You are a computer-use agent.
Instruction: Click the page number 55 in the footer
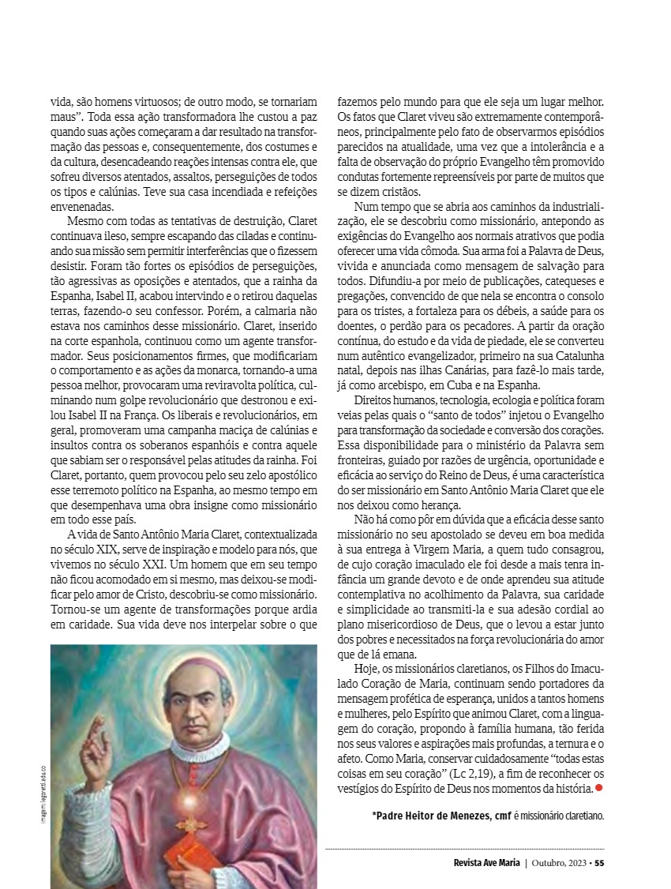tap(599, 862)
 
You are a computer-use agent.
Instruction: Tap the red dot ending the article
tap(598, 787)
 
